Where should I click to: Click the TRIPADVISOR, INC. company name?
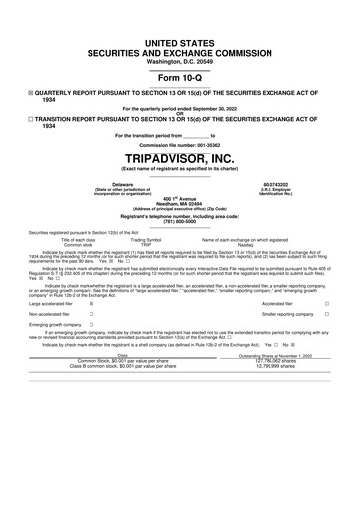(x=180, y=158)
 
